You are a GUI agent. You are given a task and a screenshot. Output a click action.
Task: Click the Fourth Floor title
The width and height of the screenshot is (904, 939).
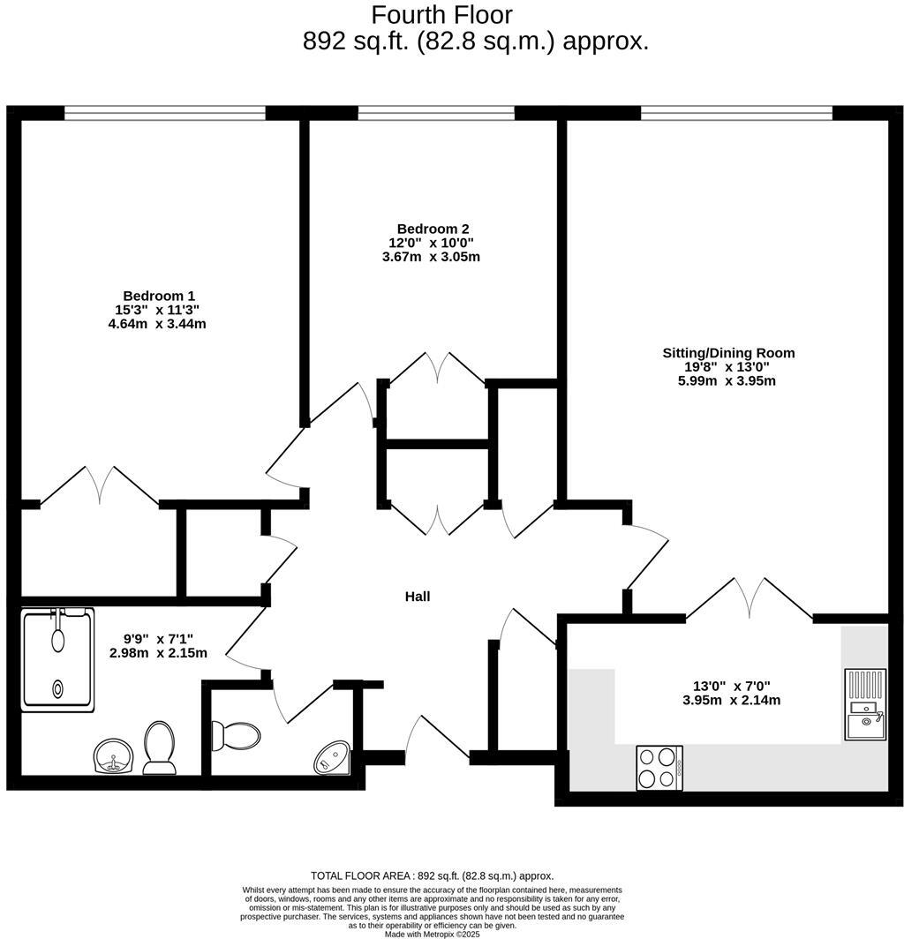click(441, 15)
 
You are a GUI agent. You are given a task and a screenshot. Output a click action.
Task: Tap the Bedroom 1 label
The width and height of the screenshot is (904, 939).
click(159, 296)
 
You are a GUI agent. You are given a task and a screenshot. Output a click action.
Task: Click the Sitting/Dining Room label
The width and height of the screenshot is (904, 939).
click(728, 353)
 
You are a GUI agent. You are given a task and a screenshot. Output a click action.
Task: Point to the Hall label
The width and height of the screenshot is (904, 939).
click(418, 597)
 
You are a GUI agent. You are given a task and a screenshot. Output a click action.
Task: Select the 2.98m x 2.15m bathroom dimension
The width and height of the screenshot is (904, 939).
click(158, 653)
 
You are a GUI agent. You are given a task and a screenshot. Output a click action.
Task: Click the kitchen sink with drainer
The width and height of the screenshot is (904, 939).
click(864, 703)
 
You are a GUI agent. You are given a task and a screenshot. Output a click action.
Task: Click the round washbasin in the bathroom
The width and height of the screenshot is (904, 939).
click(113, 755)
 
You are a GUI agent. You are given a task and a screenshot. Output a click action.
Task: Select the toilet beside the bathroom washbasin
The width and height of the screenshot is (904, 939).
click(160, 747)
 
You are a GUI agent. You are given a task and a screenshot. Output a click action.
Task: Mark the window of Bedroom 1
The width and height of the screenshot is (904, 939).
click(164, 112)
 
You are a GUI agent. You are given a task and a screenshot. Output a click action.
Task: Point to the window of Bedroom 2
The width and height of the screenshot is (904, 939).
click(436, 112)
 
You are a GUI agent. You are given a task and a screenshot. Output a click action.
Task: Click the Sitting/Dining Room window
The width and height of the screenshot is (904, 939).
click(736, 112)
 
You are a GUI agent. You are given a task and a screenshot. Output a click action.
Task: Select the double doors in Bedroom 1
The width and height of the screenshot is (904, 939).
click(100, 486)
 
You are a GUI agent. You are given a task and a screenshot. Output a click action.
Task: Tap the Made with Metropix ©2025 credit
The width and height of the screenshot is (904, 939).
click(432, 934)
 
